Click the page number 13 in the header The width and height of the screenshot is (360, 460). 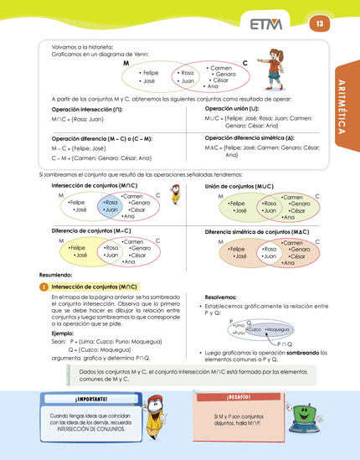pos(319,24)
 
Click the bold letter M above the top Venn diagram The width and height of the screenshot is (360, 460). pos(126,64)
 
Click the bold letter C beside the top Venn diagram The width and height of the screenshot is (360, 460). pos(244,64)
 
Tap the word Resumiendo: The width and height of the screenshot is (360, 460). pos(55,274)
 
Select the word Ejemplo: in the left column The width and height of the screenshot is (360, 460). pos(64,332)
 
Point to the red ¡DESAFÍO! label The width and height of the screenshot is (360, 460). pos(239,395)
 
